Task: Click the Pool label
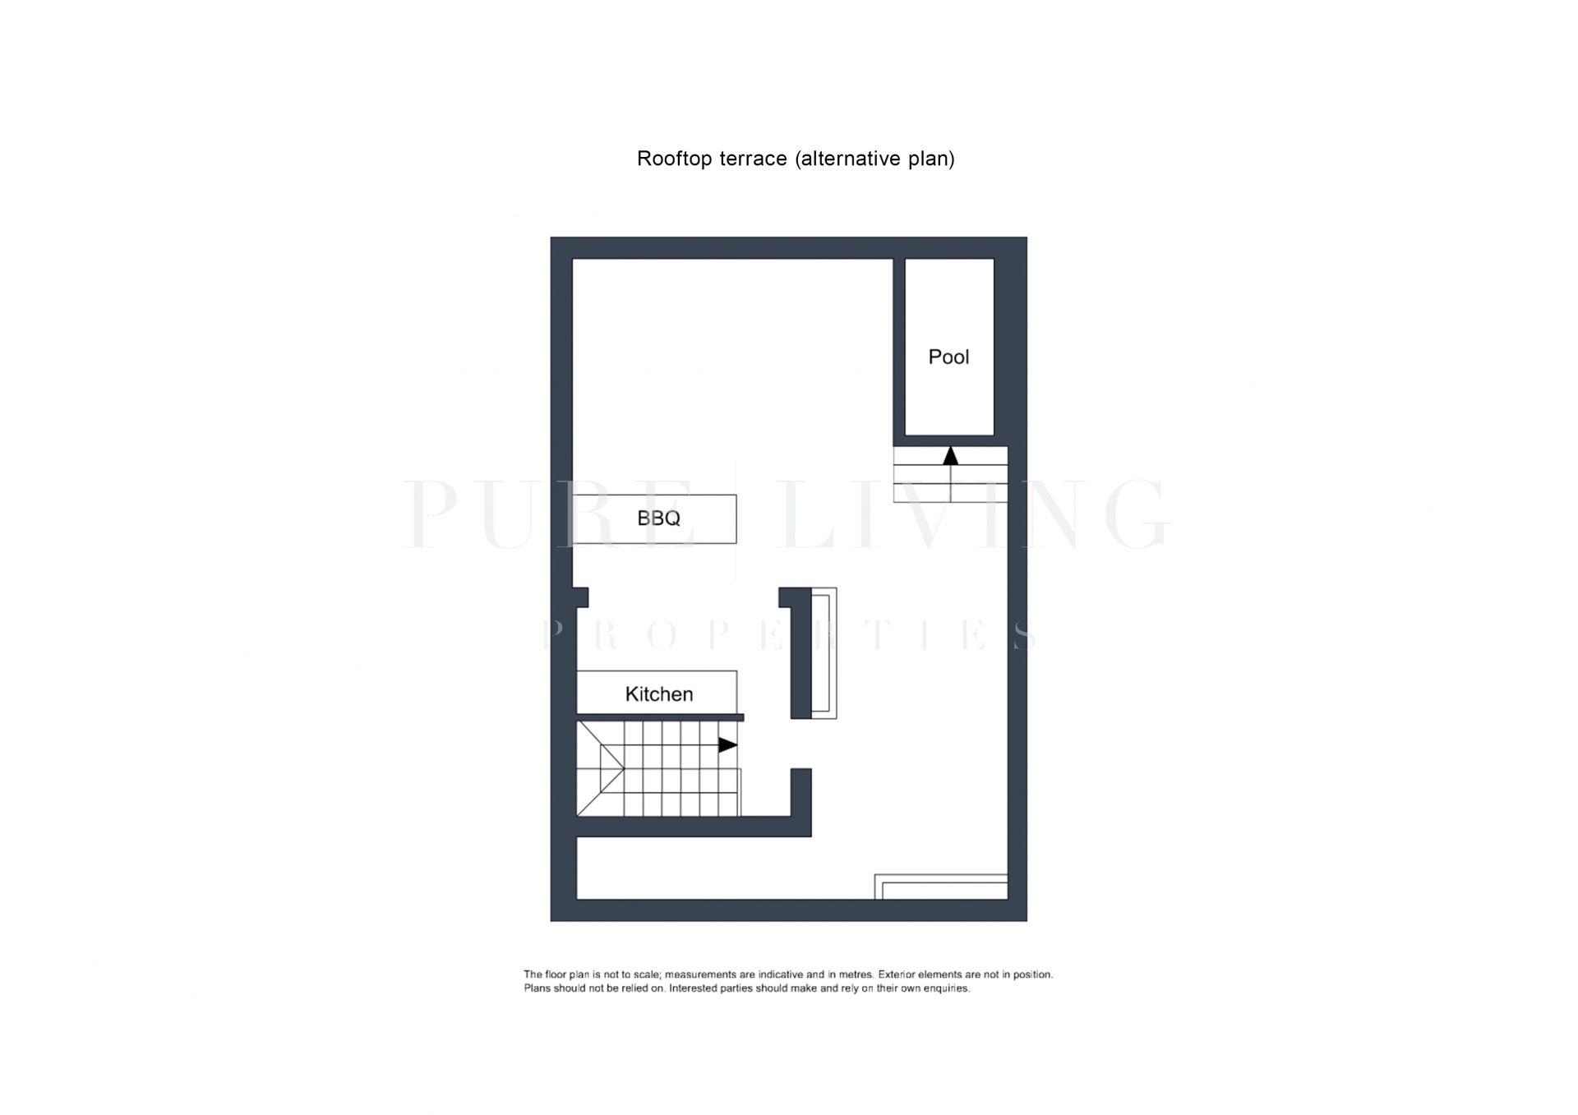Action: tap(948, 357)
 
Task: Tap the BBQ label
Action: tap(658, 518)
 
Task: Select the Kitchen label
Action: tap(658, 694)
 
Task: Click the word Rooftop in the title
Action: tap(674, 159)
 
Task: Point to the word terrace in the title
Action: tap(754, 159)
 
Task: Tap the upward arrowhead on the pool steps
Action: tap(951, 455)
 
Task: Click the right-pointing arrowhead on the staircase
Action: tap(727, 745)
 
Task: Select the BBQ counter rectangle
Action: tap(654, 518)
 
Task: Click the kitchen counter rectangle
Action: tap(657, 693)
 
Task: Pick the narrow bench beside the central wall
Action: tap(824, 653)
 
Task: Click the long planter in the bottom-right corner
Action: tap(941, 887)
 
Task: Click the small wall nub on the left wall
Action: tap(580, 597)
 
